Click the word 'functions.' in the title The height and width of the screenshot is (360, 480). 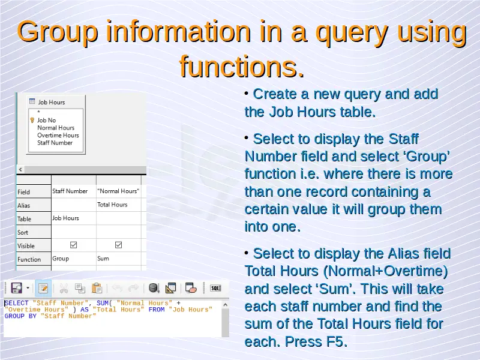click(x=242, y=66)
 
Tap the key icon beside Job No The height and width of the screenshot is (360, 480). click(x=32, y=120)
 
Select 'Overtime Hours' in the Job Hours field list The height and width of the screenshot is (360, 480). click(x=58, y=135)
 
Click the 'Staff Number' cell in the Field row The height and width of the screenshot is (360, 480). click(x=70, y=191)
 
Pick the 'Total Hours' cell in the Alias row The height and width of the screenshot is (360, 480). click(x=112, y=205)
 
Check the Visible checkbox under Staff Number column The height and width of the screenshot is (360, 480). click(x=73, y=245)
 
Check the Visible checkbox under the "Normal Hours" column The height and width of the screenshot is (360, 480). click(x=118, y=245)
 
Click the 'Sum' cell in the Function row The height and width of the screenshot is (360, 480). click(x=103, y=259)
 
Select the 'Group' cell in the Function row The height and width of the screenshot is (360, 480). click(x=61, y=259)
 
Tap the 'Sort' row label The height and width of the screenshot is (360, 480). click(x=23, y=232)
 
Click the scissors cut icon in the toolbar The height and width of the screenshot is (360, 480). click(x=64, y=288)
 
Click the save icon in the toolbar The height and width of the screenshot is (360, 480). click(x=17, y=288)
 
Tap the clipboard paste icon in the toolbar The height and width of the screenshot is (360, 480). click(x=97, y=288)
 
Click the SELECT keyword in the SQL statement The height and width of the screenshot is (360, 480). click(x=16, y=303)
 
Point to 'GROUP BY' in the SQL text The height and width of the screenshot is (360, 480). click(x=20, y=316)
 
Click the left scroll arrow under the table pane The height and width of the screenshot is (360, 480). click(x=20, y=169)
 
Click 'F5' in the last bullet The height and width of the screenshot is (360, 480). click(x=334, y=341)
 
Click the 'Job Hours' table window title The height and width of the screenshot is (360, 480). click(x=52, y=102)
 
